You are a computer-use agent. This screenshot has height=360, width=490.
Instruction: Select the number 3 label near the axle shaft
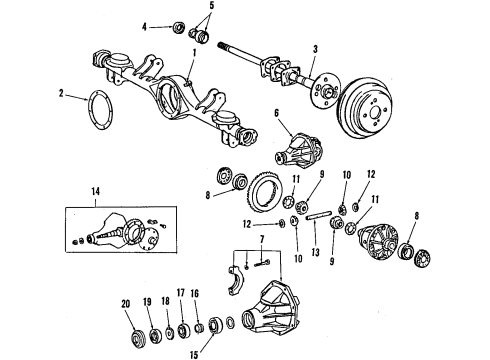(315, 48)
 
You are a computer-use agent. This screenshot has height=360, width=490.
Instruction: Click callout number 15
(195, 351)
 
